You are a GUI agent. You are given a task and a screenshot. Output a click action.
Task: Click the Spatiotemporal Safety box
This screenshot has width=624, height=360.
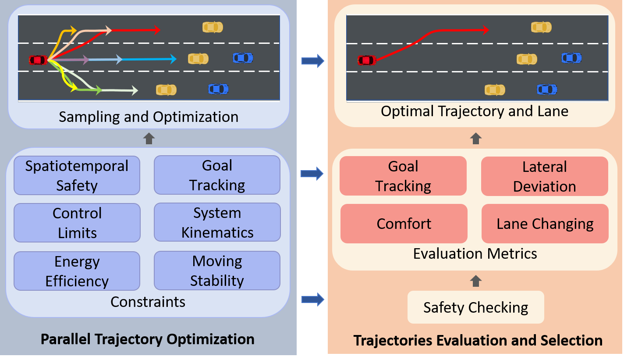(x=77, y=175)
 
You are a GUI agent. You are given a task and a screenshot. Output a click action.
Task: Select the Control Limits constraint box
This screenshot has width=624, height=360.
(x=77, y=223)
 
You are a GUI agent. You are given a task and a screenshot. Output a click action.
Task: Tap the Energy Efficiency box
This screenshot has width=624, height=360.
(x=77, y=271)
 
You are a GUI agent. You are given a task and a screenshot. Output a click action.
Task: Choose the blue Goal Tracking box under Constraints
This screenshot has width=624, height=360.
(x=217, y=175)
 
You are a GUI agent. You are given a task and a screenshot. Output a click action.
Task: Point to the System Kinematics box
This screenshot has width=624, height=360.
(x=217, y=222)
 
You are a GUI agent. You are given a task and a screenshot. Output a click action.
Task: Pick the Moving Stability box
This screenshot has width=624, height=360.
(x=217, y=271)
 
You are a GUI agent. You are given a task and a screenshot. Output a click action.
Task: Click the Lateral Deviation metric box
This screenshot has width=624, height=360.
(x=544, y=176)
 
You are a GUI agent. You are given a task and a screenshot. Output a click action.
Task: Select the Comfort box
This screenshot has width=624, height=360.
(x=404, y=224)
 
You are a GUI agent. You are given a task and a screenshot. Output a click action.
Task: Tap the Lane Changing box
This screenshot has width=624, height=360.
(x=545, y=224)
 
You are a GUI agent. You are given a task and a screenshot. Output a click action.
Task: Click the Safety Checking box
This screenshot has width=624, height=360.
(x=475, y=307)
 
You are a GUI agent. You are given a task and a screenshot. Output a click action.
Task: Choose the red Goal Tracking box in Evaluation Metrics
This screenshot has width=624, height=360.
(x=403, y=176)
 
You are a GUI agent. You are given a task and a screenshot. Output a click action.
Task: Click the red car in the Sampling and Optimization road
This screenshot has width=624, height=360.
(x=38, y=60)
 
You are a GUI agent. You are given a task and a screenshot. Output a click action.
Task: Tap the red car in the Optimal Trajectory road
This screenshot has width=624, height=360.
(x=367, y=60)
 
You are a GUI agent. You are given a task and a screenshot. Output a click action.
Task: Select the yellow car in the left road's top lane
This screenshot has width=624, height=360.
(x=213, y=27)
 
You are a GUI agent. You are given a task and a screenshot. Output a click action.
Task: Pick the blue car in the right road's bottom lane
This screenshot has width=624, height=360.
(x=547, y=89)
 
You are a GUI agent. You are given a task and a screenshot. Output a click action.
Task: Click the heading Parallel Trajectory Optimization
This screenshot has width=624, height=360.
(x=147, y=339)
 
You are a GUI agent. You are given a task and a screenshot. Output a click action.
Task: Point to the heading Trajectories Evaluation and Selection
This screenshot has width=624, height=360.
(x=478, y=340)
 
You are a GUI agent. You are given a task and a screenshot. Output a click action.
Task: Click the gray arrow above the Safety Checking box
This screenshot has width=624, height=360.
(x=475, y=281)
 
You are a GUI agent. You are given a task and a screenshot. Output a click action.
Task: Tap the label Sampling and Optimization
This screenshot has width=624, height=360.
(x=149, y=117)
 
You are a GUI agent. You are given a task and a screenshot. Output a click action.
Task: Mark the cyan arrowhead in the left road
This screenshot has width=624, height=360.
(x=174, y=59)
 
